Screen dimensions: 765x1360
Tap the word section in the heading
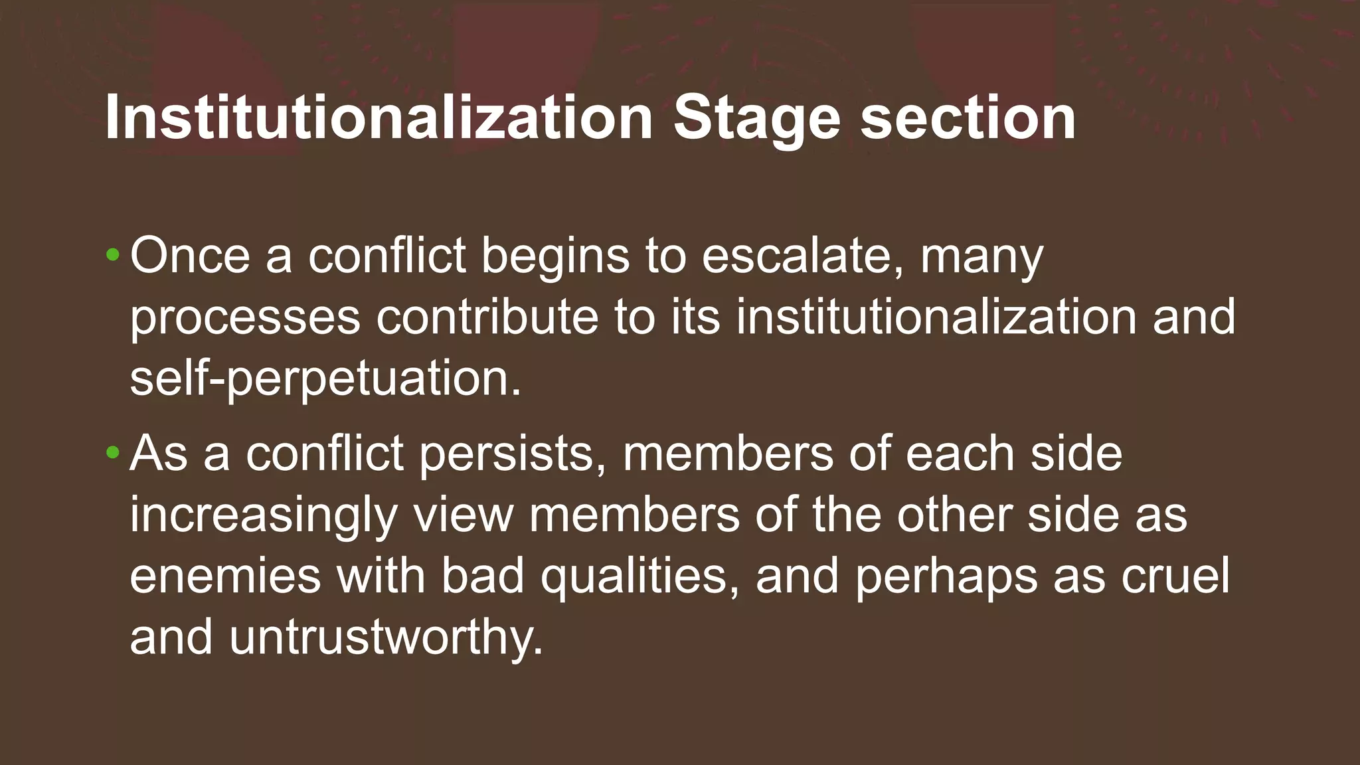point(968,118)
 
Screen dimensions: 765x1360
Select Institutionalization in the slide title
point(379,118)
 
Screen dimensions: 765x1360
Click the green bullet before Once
point(113,254)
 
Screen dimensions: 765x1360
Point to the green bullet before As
point(113,453)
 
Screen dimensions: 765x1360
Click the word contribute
point(487,316)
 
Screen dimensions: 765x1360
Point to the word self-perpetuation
point(325,379)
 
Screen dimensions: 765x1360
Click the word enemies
point(225,575)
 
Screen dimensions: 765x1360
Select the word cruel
point(1175,575)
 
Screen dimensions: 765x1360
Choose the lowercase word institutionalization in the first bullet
point(936,316)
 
